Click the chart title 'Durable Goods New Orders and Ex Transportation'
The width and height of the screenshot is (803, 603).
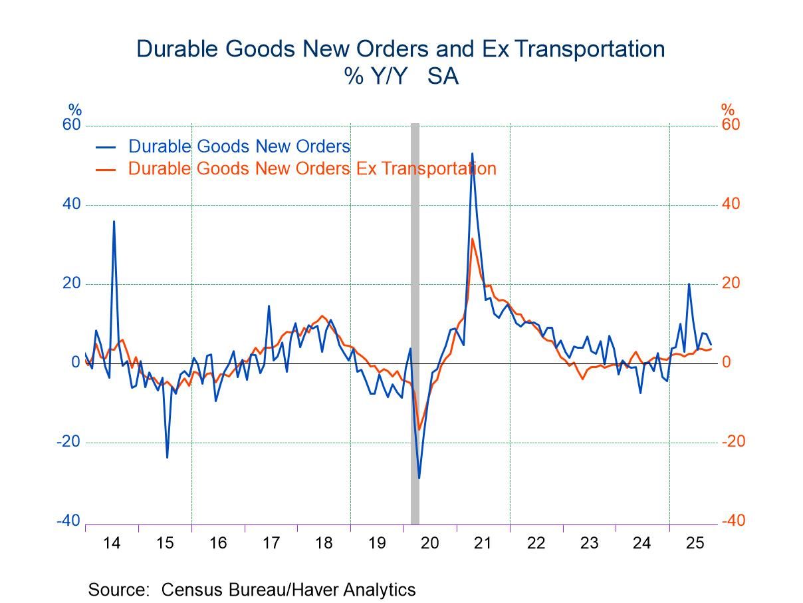(400, 49)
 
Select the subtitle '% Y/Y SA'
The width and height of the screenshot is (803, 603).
(401, 77)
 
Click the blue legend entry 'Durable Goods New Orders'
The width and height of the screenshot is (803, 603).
(239, 146)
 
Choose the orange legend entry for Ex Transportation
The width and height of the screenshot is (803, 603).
(312, 168)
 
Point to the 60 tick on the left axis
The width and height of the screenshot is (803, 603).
(71, 125)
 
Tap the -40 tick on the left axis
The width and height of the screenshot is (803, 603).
(68, 521)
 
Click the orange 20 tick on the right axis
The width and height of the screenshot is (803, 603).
(731, 284)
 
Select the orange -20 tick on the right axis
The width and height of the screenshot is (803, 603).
(733, 442)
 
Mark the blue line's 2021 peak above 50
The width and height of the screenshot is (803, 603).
(472, 154)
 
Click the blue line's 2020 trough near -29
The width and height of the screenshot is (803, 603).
(419, 477)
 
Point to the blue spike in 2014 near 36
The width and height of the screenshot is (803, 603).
(114, 222)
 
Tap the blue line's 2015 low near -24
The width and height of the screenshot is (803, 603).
(167, 457)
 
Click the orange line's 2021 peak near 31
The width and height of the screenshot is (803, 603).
(472, 239)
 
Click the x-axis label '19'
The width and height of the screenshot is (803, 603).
(377, 542)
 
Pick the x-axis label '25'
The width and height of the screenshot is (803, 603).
(695, 542)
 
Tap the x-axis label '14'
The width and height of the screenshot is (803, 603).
(112, 542)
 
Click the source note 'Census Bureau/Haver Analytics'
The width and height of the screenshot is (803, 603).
(288, 590)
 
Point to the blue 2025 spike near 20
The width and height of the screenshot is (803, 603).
(689, 284)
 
